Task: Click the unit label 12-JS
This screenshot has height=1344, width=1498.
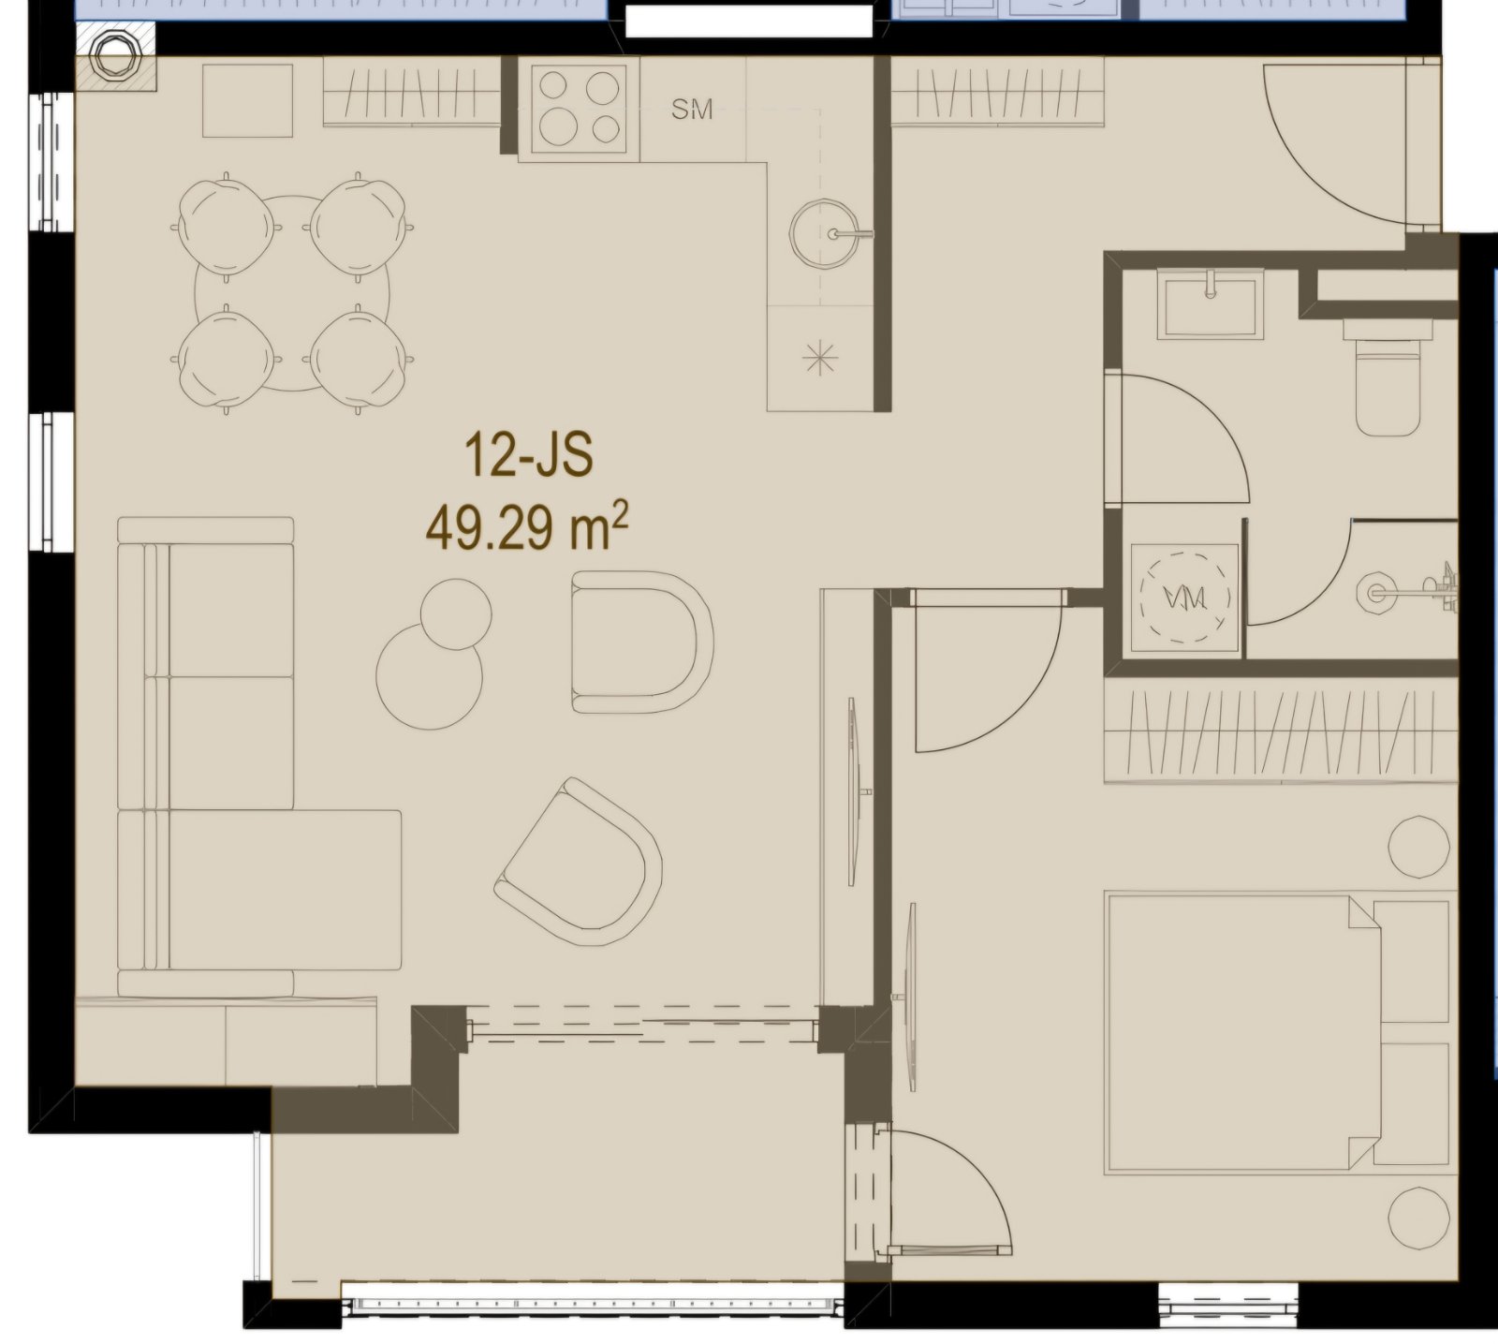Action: coord(528,458)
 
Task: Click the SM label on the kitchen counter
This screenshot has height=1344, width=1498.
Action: coord(692,110)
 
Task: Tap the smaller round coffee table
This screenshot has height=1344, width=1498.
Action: coord(456,613)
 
